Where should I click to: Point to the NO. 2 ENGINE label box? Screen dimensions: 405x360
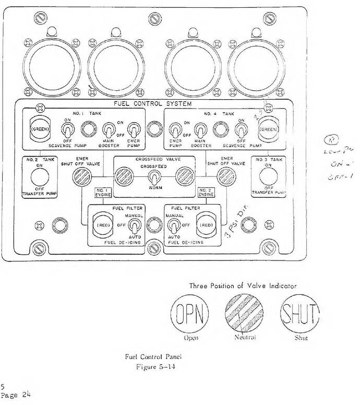point(206,192)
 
